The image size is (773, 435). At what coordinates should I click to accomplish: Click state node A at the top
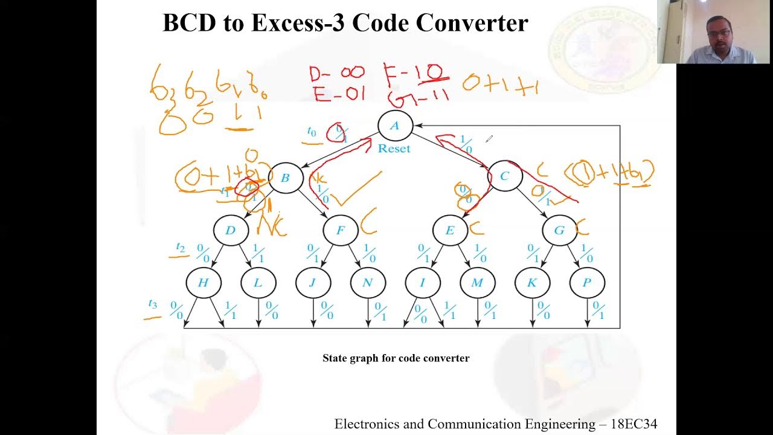(395, 126)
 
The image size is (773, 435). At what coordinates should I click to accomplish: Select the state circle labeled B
(285, 178)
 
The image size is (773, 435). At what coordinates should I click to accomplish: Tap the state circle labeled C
(505, 176)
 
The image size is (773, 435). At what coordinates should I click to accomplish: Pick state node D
(231, 230)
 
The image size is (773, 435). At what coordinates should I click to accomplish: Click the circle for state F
(341, 230)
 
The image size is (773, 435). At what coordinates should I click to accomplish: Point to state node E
(450, 230)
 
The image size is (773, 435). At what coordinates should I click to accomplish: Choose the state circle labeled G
(559, 230)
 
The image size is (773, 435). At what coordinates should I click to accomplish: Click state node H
(204, 283)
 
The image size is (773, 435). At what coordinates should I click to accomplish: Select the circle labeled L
(258, 283)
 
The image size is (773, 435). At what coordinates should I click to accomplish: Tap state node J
(313, 283)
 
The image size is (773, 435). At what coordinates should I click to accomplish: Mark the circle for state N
(368, 283)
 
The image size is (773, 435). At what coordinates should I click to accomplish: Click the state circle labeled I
(422, 283)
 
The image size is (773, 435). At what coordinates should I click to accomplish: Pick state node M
(477, 283)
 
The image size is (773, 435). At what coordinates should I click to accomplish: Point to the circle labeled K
(532, 283)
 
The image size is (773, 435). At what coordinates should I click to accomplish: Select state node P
(586, 283)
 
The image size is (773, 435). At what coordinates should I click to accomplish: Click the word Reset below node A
(394, 149)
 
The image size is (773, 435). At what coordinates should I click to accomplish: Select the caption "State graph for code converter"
(396, 358)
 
